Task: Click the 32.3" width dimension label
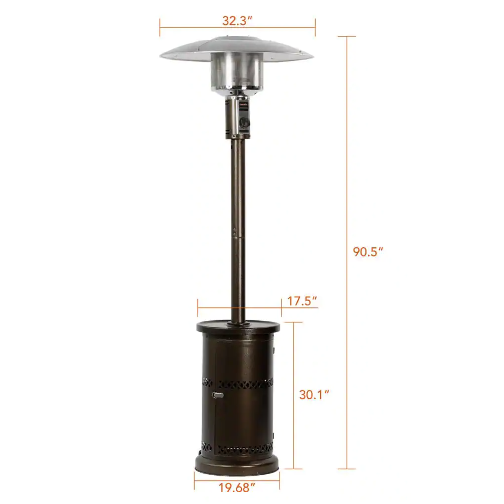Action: coord(237,21)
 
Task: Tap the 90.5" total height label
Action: coord(368,252)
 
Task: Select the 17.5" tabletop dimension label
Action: coord(302,301)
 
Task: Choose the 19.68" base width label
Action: coord(237,487)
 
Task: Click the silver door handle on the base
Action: coord(218,395)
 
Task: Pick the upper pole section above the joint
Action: coord(237,183)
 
